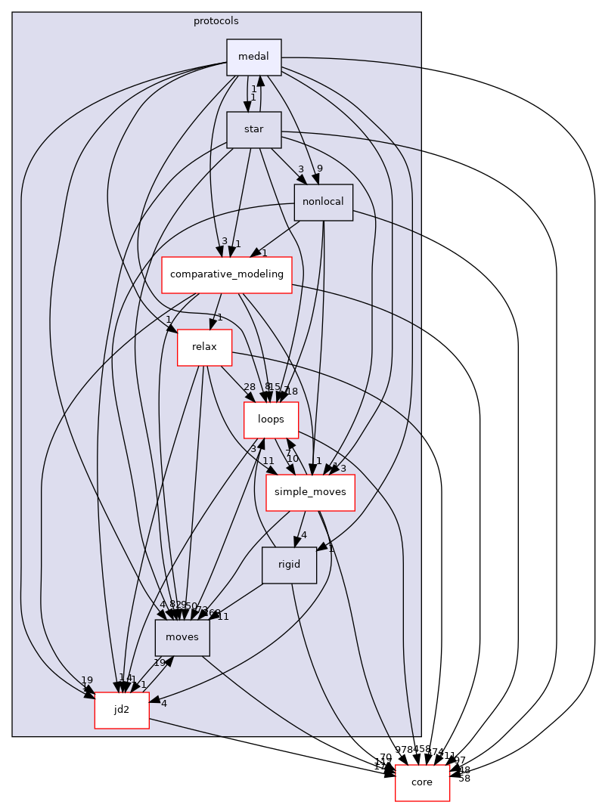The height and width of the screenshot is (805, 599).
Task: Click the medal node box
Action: [x=254, y=57]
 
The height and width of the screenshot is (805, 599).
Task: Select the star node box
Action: [x=254, y=129]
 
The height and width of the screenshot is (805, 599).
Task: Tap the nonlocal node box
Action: [x=323, y=203]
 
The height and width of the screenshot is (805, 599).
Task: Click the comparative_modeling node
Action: [x=227, y=274]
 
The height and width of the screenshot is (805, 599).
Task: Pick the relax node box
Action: [x=204, y=347]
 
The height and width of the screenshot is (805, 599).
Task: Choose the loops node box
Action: [x=271, y=420]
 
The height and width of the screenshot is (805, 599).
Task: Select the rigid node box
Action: [x=289, y=565]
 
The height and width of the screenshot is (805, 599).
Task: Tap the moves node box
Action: [x=182, y=637]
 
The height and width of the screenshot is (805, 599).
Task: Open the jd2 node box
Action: [x=121, y=710]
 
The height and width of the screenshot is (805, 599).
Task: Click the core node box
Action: [x=422, y=782]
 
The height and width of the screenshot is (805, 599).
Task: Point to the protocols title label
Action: [x=216, y=20]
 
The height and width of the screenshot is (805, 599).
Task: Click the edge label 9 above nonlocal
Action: [x=320, y=169]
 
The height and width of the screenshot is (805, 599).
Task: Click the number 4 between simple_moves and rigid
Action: [x=303, y=535]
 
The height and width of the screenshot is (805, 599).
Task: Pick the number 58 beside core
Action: [x=464, y=778]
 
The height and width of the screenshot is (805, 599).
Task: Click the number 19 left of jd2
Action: [x=87, y=680]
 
